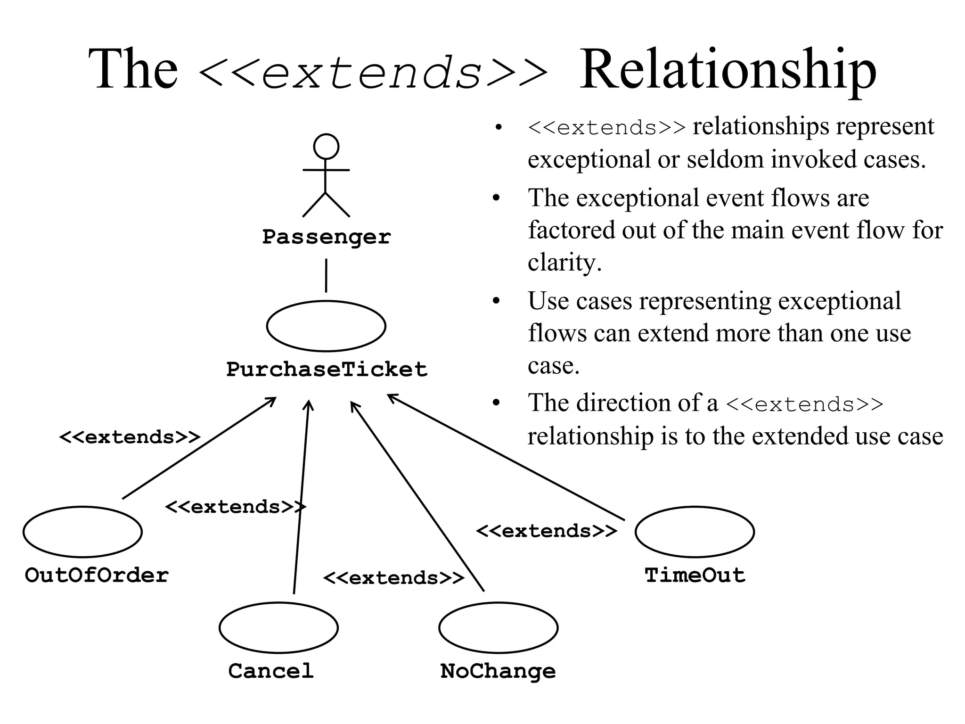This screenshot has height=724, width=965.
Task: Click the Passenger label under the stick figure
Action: [x=326, y=237]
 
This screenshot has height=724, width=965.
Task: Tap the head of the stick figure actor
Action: [x=326, y=146]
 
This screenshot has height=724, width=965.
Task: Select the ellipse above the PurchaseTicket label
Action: [x=326, y=326]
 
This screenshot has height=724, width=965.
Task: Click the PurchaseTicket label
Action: [x=327, y=369]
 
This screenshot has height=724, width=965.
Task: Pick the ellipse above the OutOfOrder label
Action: [x=82, y=532]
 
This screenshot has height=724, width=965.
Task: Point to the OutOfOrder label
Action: [x=97, y=576]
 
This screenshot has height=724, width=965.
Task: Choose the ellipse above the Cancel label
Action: [x=278, y=627]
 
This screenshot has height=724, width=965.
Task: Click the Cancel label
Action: [x=271, y=671]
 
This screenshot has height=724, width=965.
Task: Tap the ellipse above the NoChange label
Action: [x=498, y=627]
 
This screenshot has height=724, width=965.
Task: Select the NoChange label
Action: [x=498, y=671]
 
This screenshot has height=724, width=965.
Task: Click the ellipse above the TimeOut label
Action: [x=695, y=532]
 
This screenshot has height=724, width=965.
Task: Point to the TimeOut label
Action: [x=695, y=576]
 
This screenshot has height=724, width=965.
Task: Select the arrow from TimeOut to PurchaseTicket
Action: [x=507, y=457]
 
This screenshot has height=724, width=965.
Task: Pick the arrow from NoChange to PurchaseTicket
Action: [x=417, y=496]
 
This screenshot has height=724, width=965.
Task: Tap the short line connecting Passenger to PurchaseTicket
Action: [x=326, y=275]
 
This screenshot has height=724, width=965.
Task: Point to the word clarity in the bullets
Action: [x=564, y=262]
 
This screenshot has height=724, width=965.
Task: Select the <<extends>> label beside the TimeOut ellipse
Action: [x=546, y=531]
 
